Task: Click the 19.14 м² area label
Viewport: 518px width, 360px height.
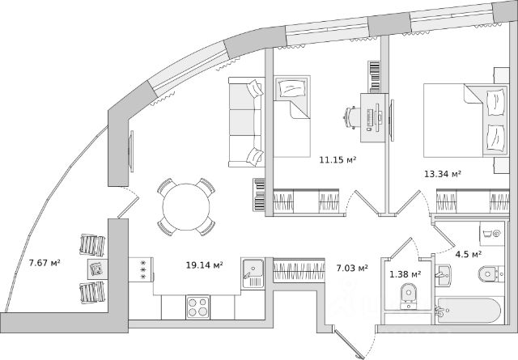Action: coord(204,265)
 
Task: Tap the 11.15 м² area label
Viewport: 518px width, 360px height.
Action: coord(338,160)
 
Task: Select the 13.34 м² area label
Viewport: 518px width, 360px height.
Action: coord(443,174)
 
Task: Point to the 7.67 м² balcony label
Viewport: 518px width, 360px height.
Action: coord(45,263)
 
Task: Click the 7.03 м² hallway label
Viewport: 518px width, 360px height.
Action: coord(352,269)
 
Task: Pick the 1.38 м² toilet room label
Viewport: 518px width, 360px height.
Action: coord(405,274)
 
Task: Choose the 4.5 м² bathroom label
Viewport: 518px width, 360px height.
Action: coord(469,254)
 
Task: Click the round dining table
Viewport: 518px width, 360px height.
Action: coord(186,207)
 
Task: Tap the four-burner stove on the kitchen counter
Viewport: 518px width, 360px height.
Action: coord(197,307)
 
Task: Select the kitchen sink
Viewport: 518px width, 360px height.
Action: coord(253,273)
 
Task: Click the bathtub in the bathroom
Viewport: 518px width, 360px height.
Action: coord(469,310)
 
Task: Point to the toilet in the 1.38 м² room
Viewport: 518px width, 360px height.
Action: coord(410,295)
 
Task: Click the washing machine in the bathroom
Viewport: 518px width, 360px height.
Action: coord(492,234)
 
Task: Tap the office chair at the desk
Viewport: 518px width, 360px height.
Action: coord(352,117)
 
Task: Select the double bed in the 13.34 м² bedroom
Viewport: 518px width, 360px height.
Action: coord(466,121)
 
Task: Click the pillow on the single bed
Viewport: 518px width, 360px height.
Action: coord(291,88)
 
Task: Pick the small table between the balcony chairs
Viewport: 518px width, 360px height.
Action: coord(97,269)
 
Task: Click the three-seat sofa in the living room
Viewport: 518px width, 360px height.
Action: coord(247,122)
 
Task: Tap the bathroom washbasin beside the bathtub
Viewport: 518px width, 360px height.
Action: coord(443,275)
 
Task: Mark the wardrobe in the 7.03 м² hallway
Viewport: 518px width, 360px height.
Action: coord(299,270)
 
